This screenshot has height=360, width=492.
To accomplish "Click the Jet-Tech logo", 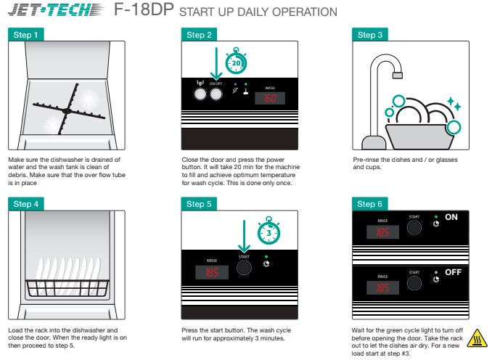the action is point(56,9).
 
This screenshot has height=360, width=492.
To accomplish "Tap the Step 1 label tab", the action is point(25,35).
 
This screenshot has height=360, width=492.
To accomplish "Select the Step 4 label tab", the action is point(25,204).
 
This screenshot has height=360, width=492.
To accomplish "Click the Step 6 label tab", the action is point(369,204).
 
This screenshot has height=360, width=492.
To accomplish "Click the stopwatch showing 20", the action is point(236,62).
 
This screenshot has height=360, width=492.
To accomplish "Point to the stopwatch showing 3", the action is point(268,232).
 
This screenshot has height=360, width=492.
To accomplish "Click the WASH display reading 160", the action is point(270,98).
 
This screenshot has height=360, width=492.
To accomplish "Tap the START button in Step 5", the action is point(244,267).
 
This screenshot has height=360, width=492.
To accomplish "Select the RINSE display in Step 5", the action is point(212,272).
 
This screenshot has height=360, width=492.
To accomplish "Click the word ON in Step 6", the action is point(451,217).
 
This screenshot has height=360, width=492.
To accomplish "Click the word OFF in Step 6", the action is point(453,272).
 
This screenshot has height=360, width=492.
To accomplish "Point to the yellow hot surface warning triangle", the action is point(477,338).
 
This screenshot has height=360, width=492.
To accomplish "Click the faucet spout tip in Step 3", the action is point(398,75).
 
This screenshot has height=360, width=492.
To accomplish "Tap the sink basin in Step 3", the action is point(419,137).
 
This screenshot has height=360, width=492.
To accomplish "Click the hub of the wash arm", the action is point(67,111).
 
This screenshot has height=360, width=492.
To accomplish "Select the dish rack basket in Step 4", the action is point(67,288).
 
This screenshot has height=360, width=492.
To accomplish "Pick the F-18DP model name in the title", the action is point(144,9).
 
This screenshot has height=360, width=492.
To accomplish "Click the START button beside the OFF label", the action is point(414,283).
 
